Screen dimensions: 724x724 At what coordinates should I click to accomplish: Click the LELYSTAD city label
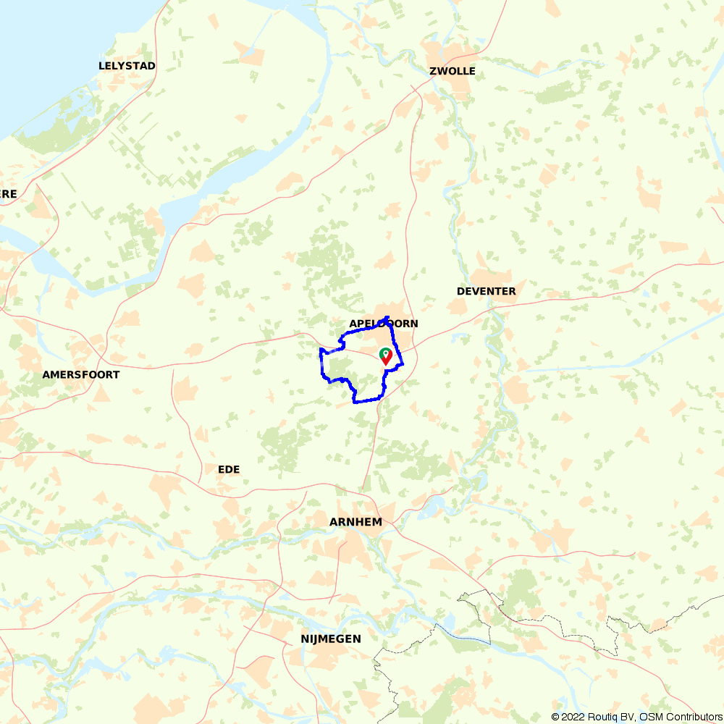click(127, 66)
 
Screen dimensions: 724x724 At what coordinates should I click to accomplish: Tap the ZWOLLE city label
click(452, 71)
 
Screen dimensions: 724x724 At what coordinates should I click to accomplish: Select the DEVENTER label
click(486, 291)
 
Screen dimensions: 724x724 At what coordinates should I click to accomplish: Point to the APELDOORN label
click(383, 324)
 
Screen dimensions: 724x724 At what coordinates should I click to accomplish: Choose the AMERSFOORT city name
click(81, 375)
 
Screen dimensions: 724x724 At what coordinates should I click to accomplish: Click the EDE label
click(229, 470)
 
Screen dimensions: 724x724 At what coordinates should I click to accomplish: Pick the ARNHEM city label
click(355, 522)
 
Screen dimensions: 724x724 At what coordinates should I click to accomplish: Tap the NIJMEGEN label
click(331, 639)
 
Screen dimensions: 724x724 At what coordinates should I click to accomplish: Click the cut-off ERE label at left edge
click(8, 194)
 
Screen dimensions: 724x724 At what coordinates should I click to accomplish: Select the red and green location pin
click(386, 355)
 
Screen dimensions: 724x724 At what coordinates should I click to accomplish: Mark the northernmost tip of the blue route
click(388, 317)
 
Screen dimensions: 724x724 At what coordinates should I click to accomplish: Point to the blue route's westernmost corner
click(320, 350)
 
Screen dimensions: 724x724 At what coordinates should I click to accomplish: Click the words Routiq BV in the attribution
click(610, 717)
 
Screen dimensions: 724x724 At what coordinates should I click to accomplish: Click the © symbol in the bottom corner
click(555, 717)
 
